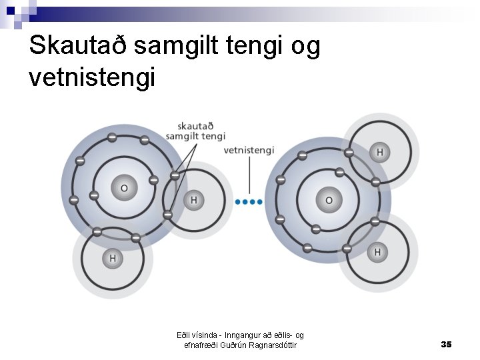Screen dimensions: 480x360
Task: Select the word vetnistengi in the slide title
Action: [92, 77]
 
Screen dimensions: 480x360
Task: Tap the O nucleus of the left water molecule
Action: [124, 188]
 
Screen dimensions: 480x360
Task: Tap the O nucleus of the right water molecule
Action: [328, 200]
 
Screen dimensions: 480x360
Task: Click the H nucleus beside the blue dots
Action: [194, 200]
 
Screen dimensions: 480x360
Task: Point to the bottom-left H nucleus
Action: [112, 258]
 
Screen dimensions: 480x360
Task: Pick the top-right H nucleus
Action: [379, 153]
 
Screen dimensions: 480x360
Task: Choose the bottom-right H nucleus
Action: [377, 252]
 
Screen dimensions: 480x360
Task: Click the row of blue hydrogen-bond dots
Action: [249, 201]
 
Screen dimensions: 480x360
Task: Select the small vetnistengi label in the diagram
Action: [249, 150]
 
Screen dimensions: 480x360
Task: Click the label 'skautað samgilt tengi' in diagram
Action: [195, 131]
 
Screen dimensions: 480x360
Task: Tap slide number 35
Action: [446, 344]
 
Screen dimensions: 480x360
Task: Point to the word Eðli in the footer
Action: [184, 335]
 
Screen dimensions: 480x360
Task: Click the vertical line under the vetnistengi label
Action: [249, 177]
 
